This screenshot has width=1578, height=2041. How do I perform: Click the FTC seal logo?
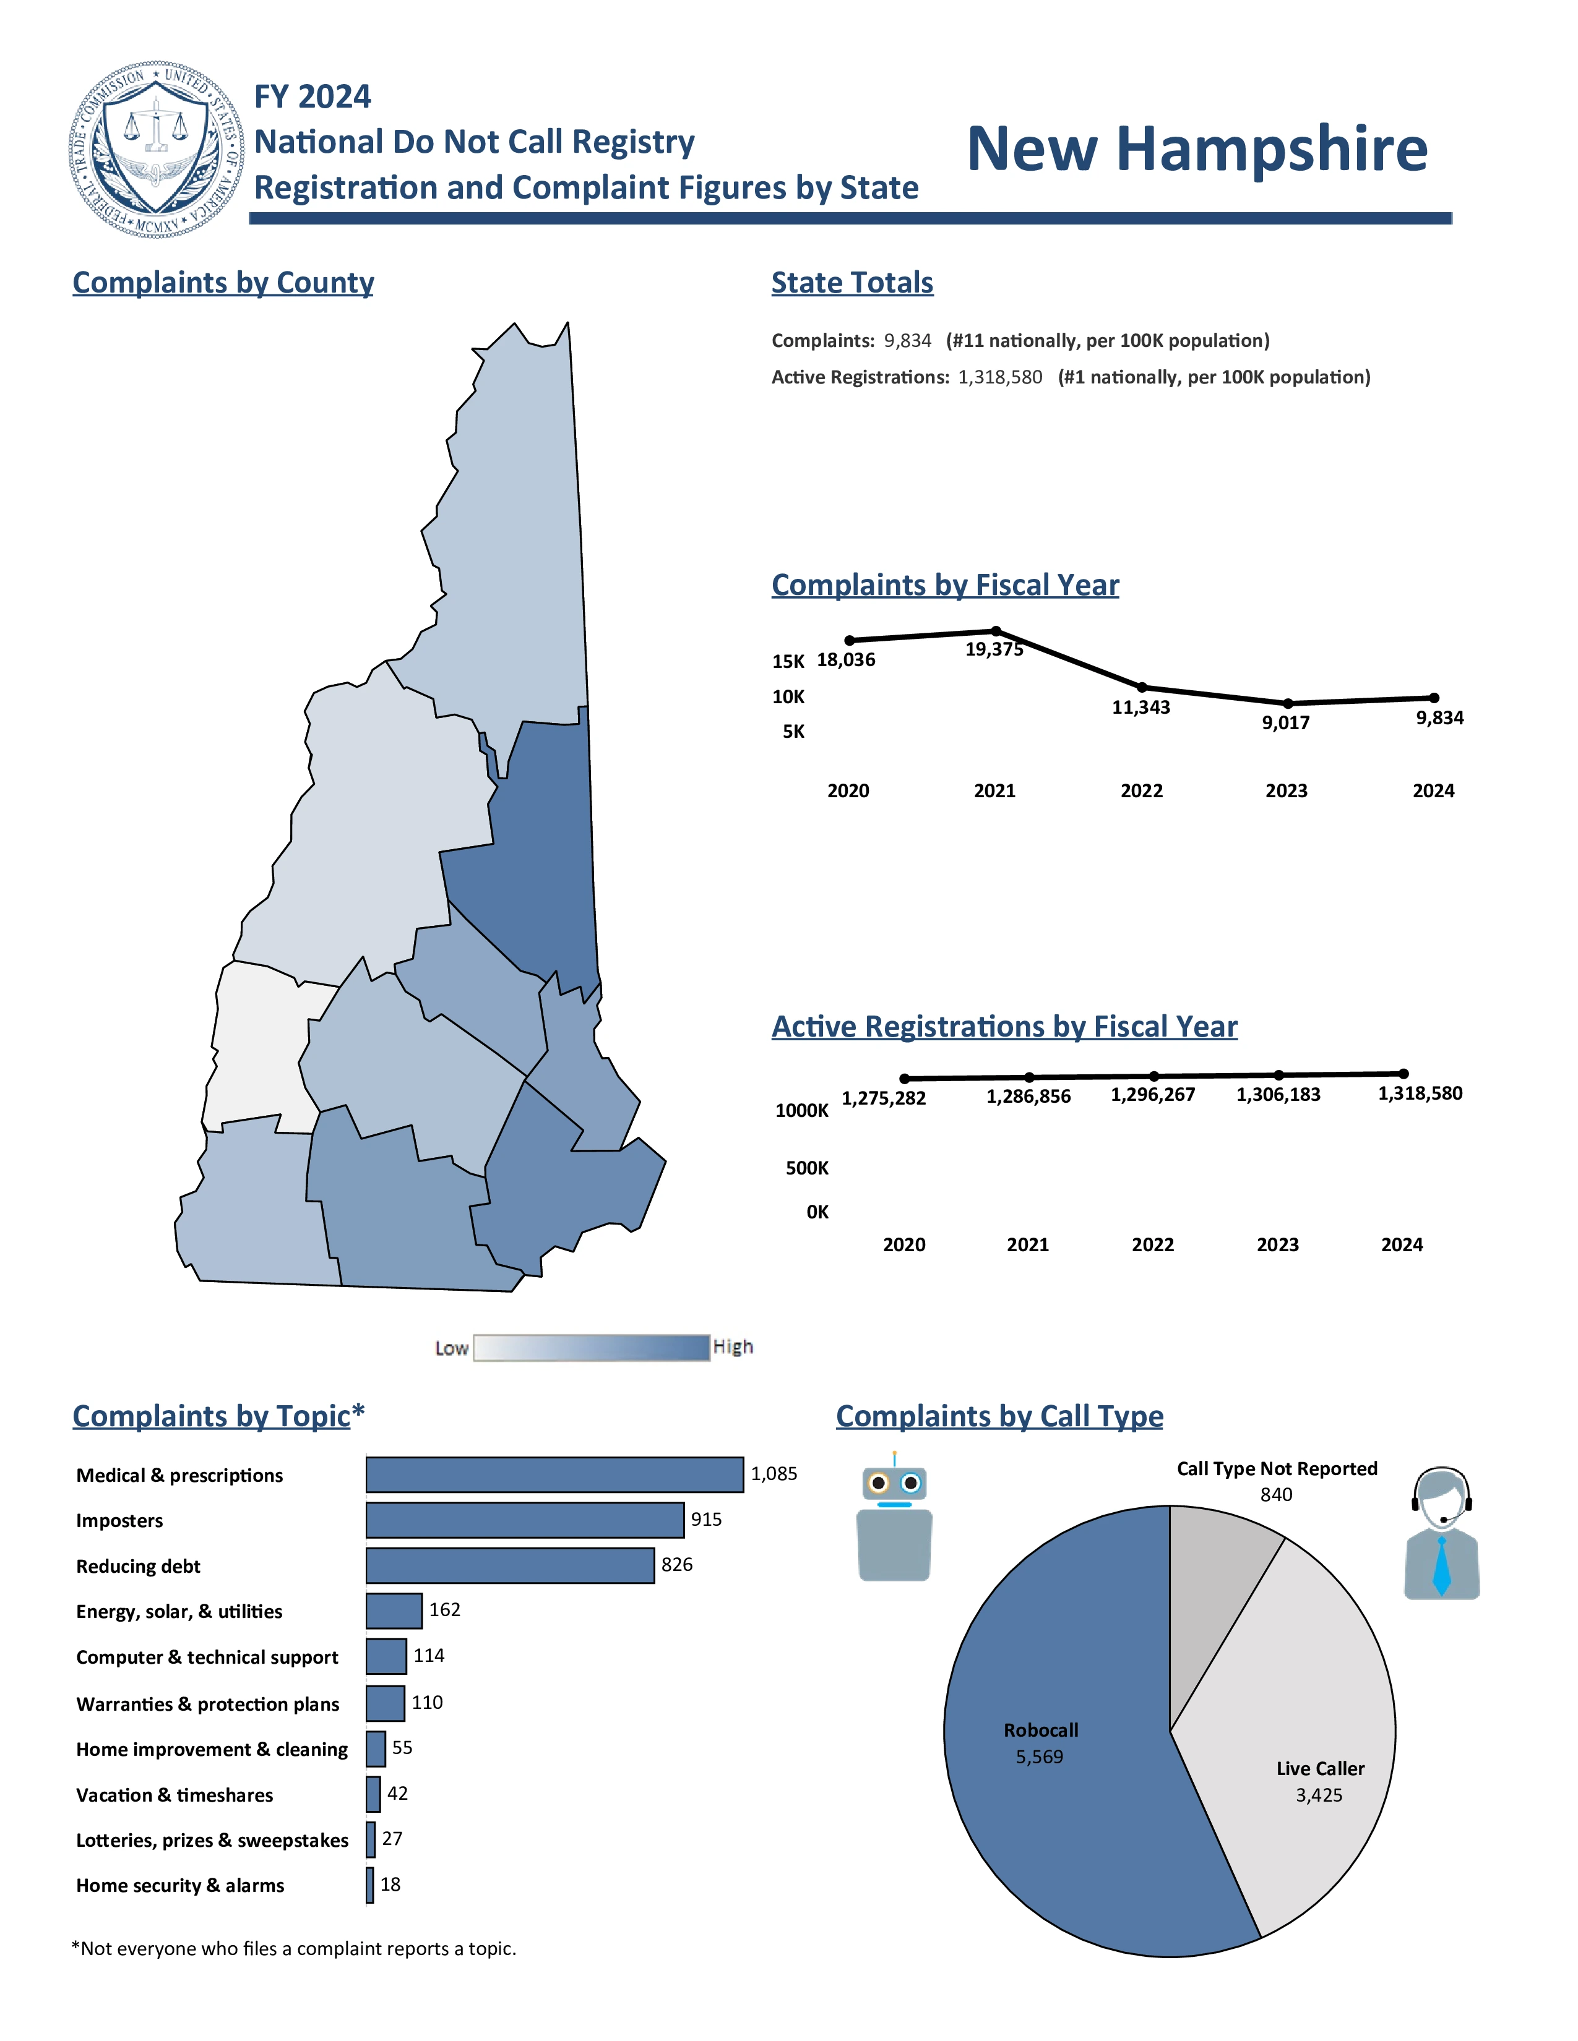156,150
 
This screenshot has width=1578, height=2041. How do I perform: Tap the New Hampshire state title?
1197,150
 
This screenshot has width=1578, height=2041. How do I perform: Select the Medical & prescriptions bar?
554,1474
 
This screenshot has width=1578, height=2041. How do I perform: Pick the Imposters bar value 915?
706,1520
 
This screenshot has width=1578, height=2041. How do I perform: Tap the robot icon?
895,1518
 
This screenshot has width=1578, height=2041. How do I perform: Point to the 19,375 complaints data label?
994,649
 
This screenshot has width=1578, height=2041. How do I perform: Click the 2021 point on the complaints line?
996,631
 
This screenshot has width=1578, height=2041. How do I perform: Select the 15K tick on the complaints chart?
788,662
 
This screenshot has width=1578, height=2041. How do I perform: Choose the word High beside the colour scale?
733,1346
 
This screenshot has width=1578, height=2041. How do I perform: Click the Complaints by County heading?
223,282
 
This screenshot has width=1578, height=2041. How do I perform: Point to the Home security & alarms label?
181,1886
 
